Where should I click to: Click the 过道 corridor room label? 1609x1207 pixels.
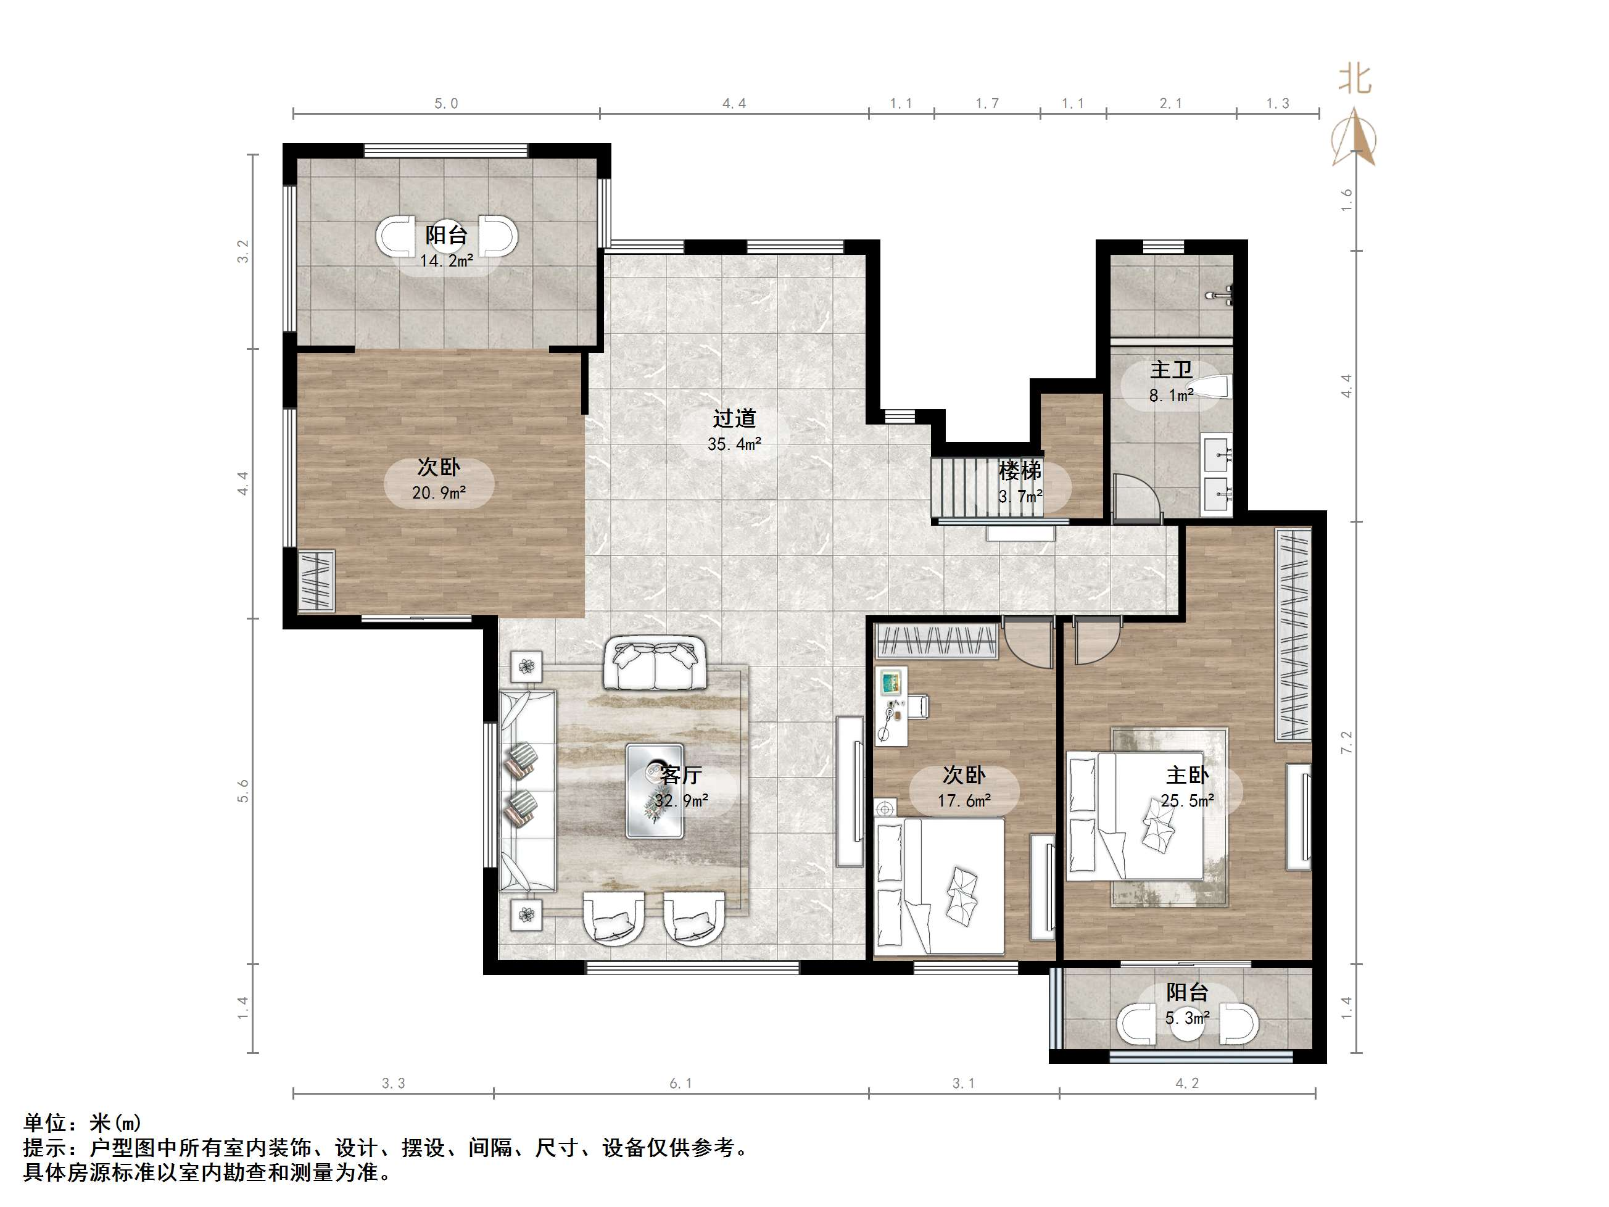tap(734, 418)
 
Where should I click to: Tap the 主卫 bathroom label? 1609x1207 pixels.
tap(1171, 370)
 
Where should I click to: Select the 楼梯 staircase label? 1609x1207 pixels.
tap(1020, 471)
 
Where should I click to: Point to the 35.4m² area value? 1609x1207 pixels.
tap(734, 444)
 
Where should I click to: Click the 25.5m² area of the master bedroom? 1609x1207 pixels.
tap(1187, 801)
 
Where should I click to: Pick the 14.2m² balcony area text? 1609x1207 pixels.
tap(446, 260)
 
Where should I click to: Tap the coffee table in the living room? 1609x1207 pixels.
tap(655, 791)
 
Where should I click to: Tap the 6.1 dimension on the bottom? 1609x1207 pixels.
tap(681, 1084)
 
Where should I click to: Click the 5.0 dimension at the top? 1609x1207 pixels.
tap(446, 103)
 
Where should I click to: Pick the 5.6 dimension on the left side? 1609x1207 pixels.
tap(243, 792)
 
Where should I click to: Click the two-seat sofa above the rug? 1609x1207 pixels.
tap(655, 663)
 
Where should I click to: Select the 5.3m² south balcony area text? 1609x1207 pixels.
tap(1187, 1018)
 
